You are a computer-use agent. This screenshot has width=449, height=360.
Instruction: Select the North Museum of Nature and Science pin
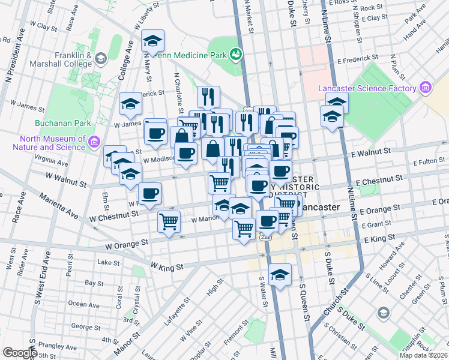coord(94,142)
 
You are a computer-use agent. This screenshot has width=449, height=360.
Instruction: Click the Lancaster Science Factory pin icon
coord(426,88)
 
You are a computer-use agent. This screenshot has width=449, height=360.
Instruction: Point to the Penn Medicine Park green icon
coord(237,55)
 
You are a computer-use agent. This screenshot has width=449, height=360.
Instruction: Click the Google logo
coord(19,353)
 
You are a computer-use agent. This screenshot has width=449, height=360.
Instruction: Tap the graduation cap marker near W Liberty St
coord(152,41)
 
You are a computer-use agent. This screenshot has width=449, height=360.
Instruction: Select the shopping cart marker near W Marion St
coord(169,221)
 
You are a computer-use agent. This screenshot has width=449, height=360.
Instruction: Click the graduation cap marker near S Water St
coord(280,275)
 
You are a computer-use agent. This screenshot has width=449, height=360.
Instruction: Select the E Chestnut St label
coord(379,181)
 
